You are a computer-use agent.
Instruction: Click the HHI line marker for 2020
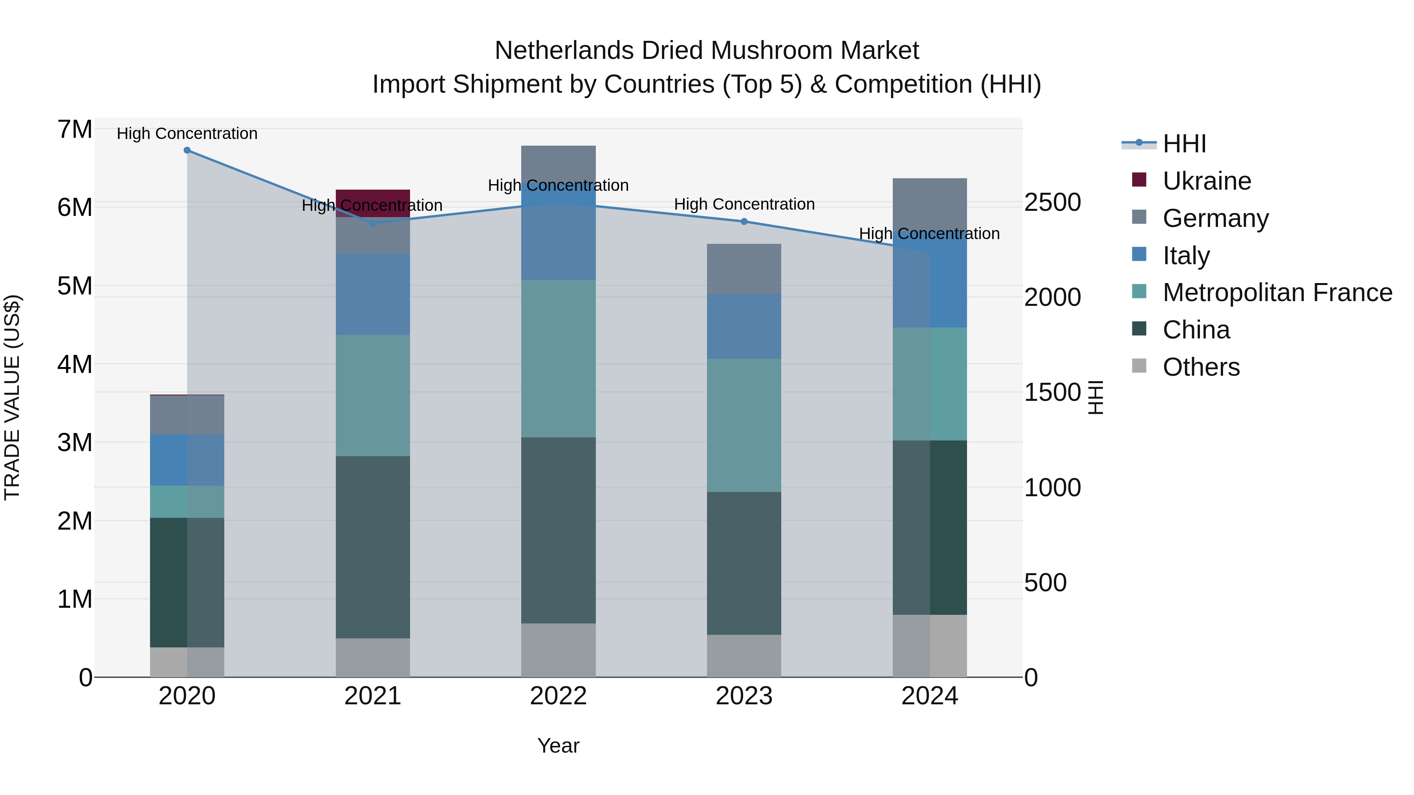click(x=187, y=150)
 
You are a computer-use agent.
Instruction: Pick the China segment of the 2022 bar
click(x=558, y=530)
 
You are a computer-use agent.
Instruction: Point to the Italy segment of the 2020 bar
click(x=187, y=460)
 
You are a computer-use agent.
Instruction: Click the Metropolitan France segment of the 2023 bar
click(x=744, y=425)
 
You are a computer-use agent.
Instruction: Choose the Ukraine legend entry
click(x=1207, y=181)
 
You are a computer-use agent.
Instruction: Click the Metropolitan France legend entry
click(x=1277, y=292)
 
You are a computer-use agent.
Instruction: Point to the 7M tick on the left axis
click(x=75, y=130)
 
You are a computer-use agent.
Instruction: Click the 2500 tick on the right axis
click(x=1052, y=203)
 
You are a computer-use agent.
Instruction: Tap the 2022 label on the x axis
click(x=558, y=696)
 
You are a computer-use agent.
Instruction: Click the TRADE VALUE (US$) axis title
click(x=12, y=397)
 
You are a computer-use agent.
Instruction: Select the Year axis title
click(x=558, y=746)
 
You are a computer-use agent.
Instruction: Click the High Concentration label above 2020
click(x=187, y=133)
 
